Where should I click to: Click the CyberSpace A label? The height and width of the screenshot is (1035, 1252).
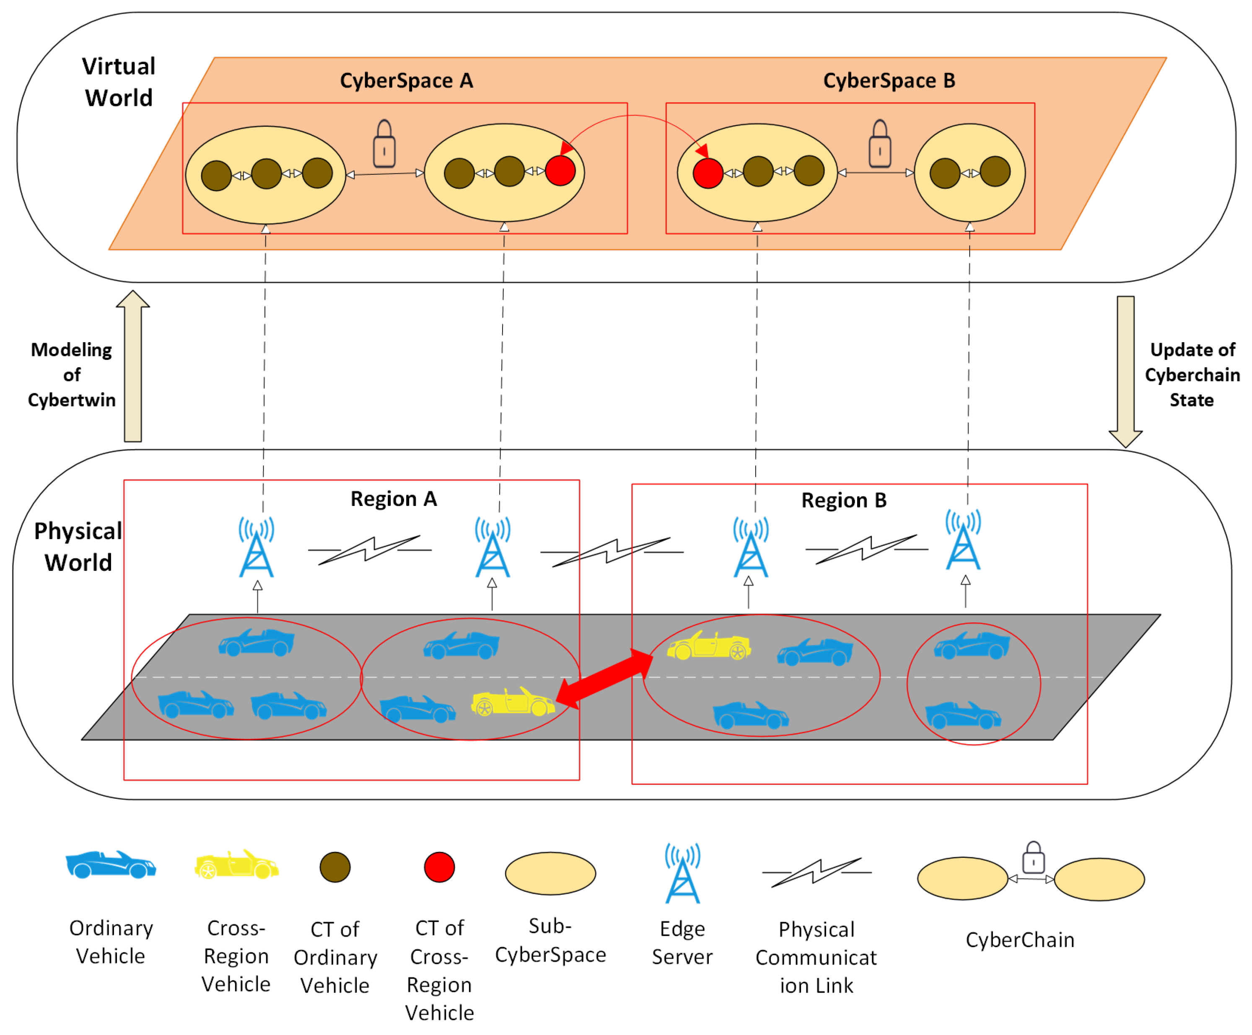[406, 80]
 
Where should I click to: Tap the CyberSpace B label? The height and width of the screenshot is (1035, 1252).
[889, 80]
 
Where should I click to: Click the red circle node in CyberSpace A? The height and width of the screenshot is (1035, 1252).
[560, 171]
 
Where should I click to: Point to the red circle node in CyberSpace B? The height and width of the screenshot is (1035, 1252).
[708, 173]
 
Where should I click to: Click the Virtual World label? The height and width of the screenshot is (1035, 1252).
[119, 82]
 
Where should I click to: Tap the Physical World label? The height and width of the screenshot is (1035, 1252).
[78, 546]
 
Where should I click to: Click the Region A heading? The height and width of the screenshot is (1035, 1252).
[394, 499]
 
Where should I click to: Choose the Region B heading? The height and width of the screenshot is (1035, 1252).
[844, 501]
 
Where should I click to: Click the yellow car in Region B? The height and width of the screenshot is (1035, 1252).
[709, 646]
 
